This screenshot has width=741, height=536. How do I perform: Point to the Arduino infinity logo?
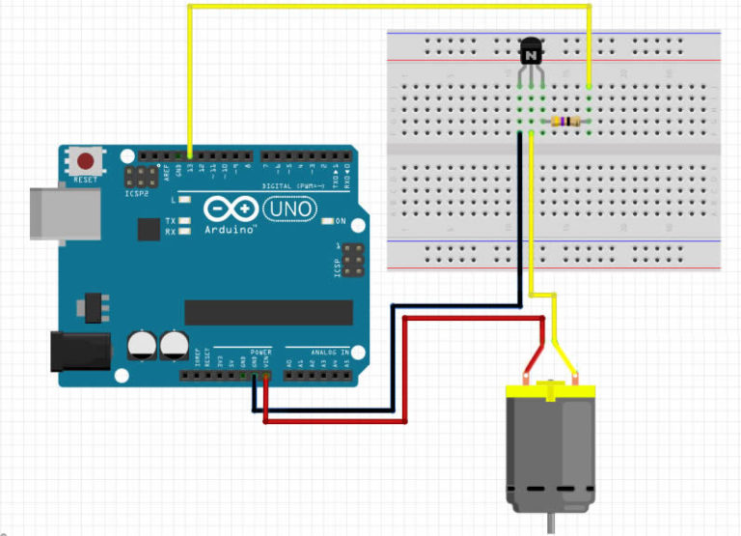click(230, 210)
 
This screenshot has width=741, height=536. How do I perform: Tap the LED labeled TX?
click(182, 220)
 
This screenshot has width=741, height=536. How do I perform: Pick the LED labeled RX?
click(182, 232)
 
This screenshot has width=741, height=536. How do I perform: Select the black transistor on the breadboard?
click(530, 52)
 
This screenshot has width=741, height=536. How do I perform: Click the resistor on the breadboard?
click(565, 122)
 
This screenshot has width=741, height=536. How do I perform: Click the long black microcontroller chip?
click(268, 312)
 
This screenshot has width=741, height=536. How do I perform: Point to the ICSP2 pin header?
click(142, 176)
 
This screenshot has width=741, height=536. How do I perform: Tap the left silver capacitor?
click(142, 345)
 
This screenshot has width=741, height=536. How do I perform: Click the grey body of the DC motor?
click(550, 449)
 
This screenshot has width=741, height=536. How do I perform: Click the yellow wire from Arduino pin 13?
click(386, 7)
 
